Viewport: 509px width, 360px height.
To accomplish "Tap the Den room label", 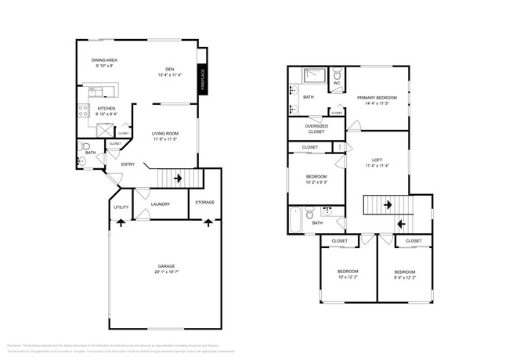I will point(169,68).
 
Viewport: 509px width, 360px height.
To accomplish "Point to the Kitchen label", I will point(106,108).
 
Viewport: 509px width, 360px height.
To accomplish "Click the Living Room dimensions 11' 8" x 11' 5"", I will point(165,139).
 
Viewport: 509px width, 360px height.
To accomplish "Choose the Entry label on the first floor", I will point(128,164).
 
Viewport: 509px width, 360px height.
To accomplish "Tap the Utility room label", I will point(121,207).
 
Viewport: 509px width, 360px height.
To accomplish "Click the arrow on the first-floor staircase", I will point(179,178).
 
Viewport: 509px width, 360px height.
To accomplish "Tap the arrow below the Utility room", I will point(121,222).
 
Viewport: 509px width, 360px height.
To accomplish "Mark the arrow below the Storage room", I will point(208,222).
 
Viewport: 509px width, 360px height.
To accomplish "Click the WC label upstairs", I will point(337,82).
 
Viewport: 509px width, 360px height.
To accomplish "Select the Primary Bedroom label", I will point(377,97).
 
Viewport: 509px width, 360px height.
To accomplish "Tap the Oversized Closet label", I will point(316,128).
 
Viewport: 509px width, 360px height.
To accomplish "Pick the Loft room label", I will point(377,160).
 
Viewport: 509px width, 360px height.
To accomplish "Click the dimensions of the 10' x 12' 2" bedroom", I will point(347,276).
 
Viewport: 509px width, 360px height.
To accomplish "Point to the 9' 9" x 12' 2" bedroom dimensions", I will point(405,276).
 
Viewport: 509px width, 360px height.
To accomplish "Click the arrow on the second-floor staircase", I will point(401,224).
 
